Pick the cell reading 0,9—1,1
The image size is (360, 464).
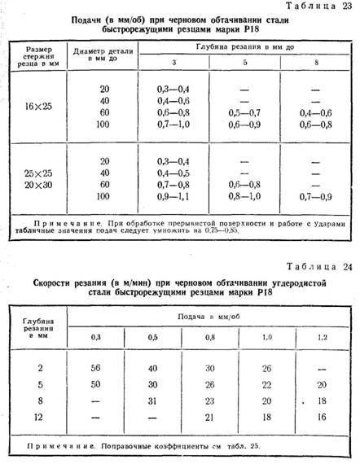[172, 197]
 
